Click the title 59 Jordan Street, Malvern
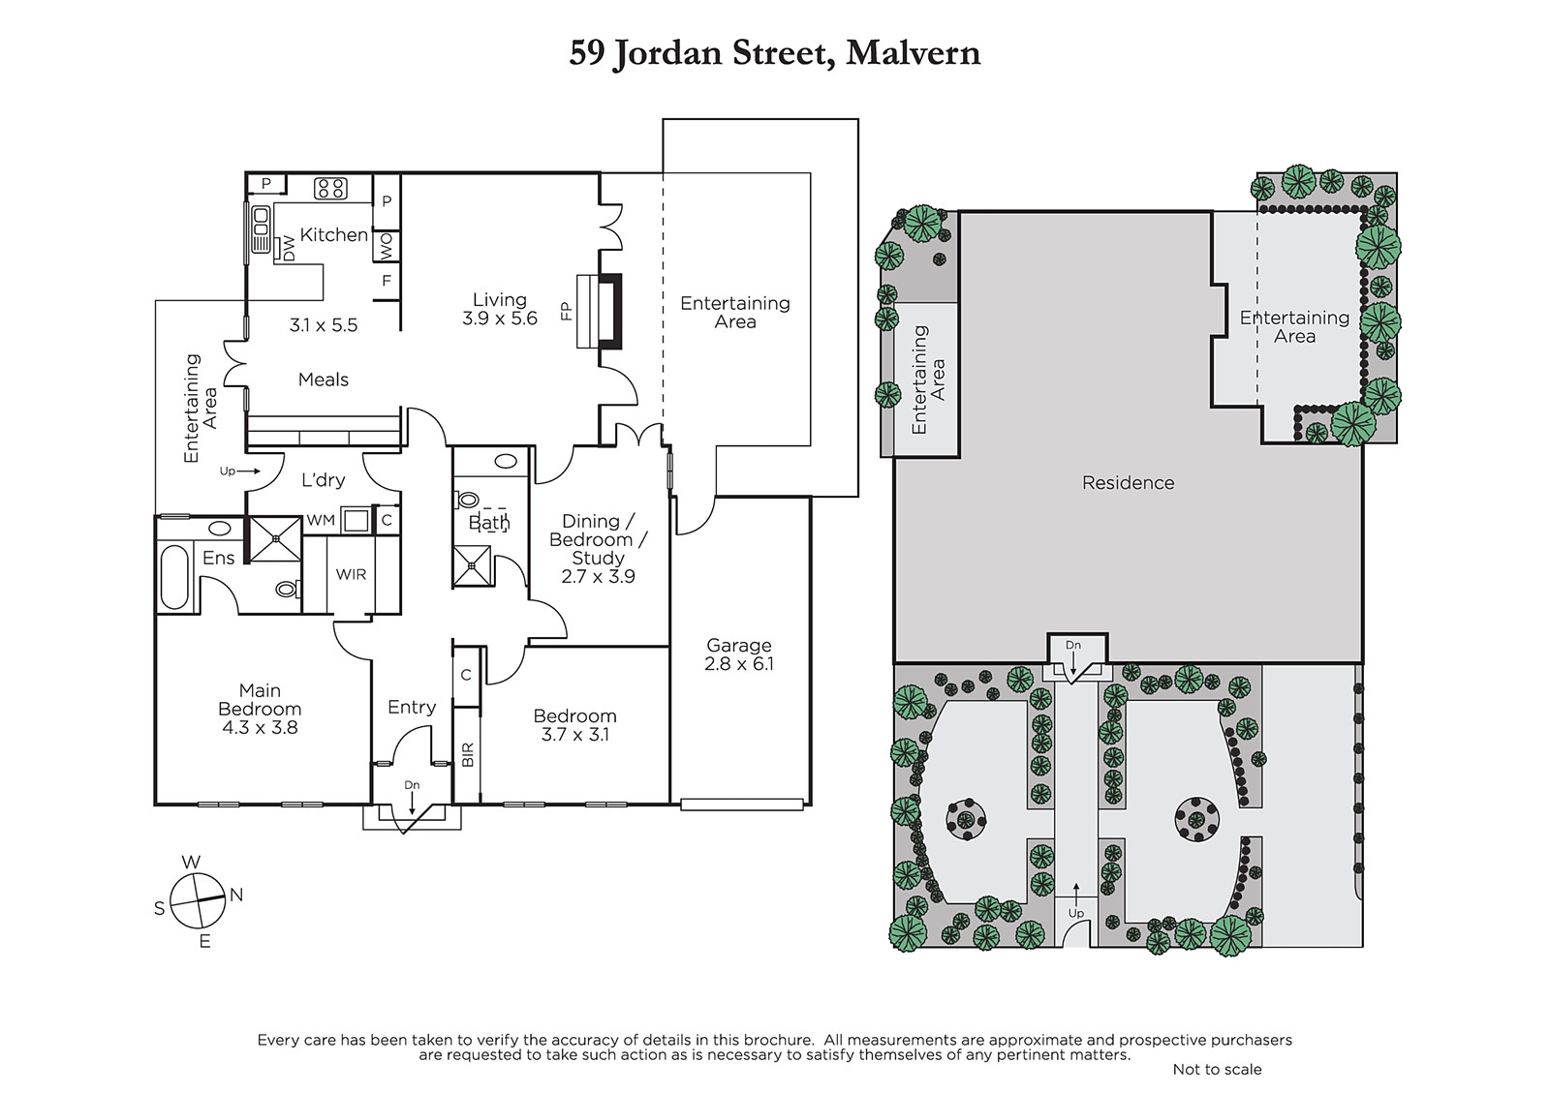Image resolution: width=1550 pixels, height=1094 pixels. [x=774, y=54]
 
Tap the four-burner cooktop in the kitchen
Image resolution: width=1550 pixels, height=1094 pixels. [x=330, y=188]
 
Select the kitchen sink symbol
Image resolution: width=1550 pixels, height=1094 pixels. [x=261, y=229]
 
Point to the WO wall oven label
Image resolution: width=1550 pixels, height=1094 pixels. [x=387, y=246]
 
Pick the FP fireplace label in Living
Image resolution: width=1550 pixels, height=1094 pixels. [x=567, y=311]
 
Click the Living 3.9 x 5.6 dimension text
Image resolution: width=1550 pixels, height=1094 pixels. [x=500, y=319]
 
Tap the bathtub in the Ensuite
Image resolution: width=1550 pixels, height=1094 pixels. [x=173, y=577]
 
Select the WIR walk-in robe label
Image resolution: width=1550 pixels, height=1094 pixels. [x=351, y=574]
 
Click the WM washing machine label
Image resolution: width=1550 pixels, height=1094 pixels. [x=321, y=520]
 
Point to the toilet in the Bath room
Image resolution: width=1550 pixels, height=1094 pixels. [x=467, y=499]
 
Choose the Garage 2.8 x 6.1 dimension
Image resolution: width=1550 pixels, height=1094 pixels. [x=739, y=664]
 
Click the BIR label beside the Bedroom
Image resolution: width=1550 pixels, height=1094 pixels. [x=468, y=754]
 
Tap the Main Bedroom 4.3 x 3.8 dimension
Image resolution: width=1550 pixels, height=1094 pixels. [x=260, y=727]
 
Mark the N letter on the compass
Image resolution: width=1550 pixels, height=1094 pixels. [x=236, y=895]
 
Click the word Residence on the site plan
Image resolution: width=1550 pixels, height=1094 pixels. [x=1128, y=483]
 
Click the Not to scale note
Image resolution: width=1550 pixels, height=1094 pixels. [x=1217, y=1069]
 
